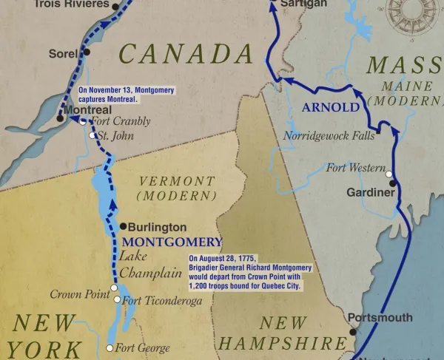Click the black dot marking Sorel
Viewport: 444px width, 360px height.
pyautogui.click(x=87, y=52)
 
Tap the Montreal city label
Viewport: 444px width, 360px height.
pyautogui.click(x=88, y=109)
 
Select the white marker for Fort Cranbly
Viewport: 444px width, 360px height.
pyautogui.click(x=83, y=122)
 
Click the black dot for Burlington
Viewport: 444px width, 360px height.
pyautogui.click(x=122, y=227)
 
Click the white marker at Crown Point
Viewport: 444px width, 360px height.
pyautogui.click(x=114, y=288)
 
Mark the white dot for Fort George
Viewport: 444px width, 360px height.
pyautogui.click(x=110, y=347)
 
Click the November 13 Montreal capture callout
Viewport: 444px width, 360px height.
pyautogui.click(x=127, y=94)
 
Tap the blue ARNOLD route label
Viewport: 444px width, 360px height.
pyautogui.click(x=331, y=107)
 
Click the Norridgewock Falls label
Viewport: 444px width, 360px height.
pyautogui.click(x=329, y=135)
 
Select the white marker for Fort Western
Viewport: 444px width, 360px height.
pyautogui.click(x=389, y=174)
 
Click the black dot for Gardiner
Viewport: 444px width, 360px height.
pyautogui.click(x=393, y=183)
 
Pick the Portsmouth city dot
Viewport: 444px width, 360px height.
pyautogui.click(x=353, y=332)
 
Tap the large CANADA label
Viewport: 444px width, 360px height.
pyautogui.click(x=186, y=54)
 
